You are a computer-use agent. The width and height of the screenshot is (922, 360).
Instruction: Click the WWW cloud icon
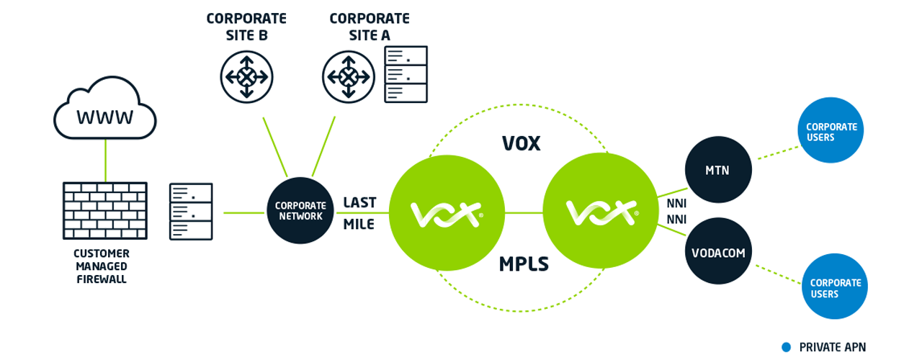[x=105, y=113]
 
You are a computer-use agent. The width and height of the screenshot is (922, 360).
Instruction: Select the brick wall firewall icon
[x=105, y=211]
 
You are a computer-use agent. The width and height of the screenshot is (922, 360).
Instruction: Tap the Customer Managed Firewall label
[x=102, y=266]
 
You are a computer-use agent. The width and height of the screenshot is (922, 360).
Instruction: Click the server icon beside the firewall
[x=191, y=211]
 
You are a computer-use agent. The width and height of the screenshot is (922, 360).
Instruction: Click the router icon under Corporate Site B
[x=246, y=76]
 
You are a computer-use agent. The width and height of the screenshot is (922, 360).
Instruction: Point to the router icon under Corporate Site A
[x=349, y=76]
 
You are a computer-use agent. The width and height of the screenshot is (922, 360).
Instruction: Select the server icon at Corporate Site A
[x=406, y=73]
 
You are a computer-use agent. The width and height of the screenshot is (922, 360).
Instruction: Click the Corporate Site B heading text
[x=246, y=26]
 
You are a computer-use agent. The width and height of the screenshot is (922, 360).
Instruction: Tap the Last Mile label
[x=359, y=213]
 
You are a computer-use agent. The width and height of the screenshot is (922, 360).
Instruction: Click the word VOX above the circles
[x=521, y=143]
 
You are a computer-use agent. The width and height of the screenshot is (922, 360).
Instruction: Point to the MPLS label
[x=524, y=264]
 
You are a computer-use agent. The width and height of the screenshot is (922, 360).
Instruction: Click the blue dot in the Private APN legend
[x=787, y=347]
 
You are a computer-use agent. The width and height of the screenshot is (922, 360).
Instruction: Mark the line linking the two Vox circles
[x=523, y=212]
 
